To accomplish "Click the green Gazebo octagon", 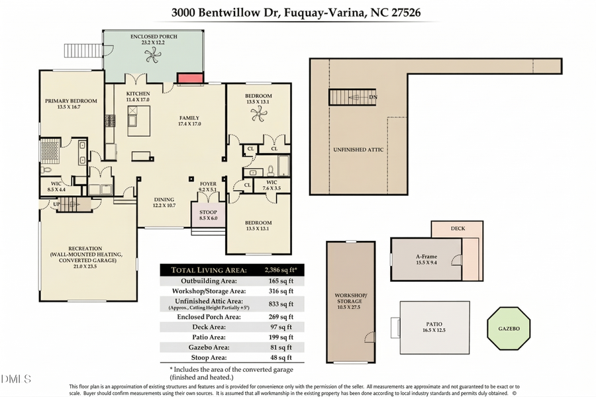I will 509,328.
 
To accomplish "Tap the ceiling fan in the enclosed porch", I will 153,57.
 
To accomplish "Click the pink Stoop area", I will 208,216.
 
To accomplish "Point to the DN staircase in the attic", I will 352,97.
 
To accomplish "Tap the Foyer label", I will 209,185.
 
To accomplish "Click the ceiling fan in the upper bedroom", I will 258,113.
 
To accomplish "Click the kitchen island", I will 138,120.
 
